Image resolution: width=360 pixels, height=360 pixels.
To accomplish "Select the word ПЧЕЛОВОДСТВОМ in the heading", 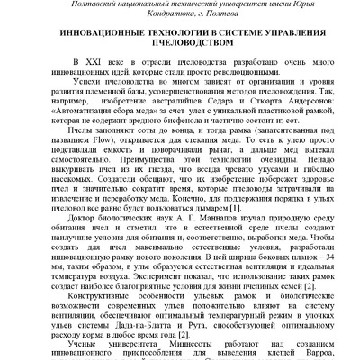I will coord(180,55).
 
